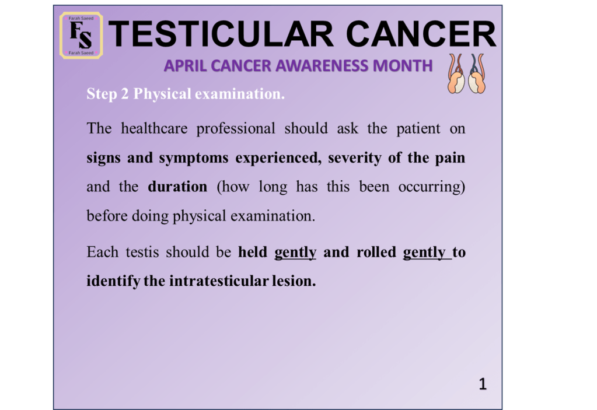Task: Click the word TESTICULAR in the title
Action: [221, 34]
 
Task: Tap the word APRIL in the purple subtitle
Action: [185, 66]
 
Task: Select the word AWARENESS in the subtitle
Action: [322, 66]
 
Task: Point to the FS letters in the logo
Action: [81, 35]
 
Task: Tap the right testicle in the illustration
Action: [477, 83]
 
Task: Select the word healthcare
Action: [154, 128]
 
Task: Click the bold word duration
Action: [177, 187]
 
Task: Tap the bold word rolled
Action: [376, 252]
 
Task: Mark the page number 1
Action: [483, 384]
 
